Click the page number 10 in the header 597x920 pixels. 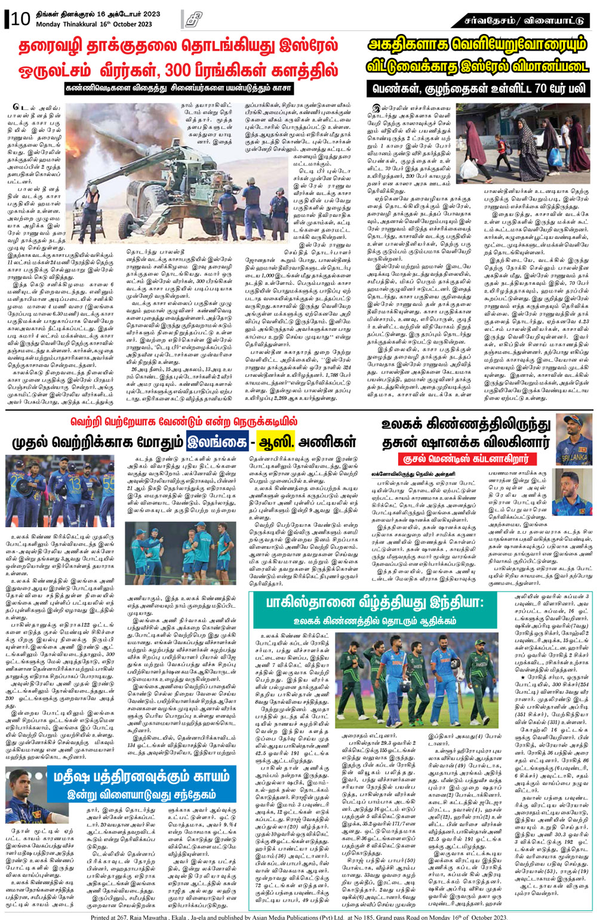click(x=21, y=19)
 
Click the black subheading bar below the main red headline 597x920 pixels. click(x=179, y=88)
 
